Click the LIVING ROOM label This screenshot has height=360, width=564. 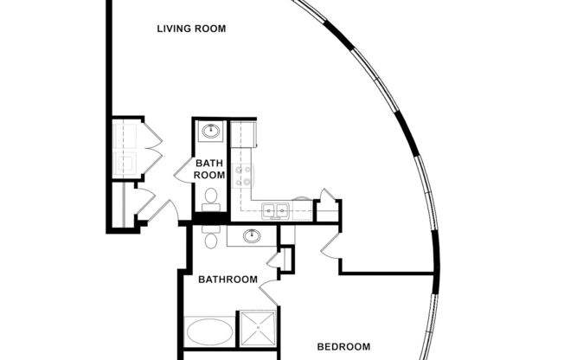[x=191, y=29]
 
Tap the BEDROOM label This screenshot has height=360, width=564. [x=343, y=347]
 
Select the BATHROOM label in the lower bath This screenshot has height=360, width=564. [x=228, y=280]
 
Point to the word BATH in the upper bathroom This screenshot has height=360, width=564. [x=209, y=163]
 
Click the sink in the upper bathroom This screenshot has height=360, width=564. [x=210, y=132]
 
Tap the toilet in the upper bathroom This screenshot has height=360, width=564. [x=210, y=197]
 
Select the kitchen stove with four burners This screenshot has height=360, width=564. [x=242, y=176]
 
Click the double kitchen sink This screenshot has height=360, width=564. [x=276, y=209]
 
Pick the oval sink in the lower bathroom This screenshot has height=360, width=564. [x=252, y=235]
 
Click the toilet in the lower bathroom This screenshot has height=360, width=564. [x=210, y=239]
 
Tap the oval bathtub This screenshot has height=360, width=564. [x=208, y=331]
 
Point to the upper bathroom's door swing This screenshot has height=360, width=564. [x=183, y=170]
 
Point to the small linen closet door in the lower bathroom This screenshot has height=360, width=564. [x=276, y=257]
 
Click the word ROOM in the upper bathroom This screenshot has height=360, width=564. [x=209, y=175]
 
